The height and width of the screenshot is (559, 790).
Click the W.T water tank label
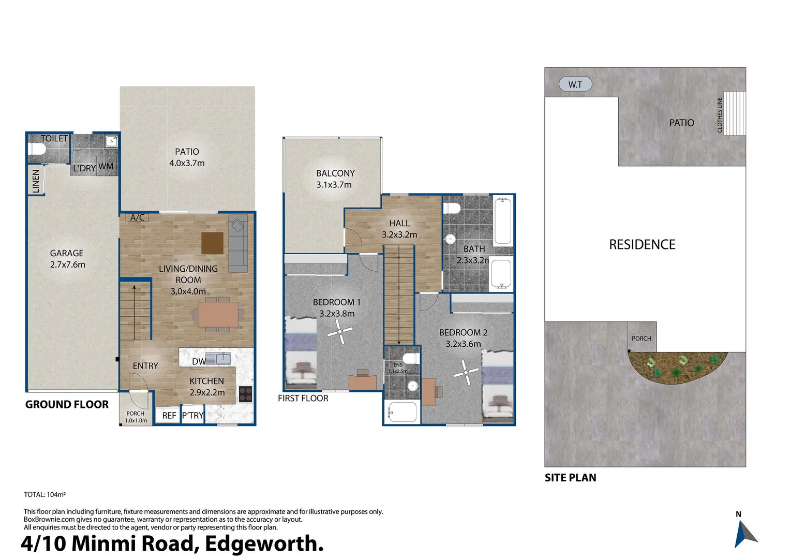575,84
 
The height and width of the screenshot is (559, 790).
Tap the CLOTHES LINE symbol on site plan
734,113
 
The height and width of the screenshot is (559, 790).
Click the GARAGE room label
67,253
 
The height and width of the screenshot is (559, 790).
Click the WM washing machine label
106,166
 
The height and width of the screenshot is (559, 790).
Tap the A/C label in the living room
137,217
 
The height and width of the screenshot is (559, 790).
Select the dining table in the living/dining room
218,314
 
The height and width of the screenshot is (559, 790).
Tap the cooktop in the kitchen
245,394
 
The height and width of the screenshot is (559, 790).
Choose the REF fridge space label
169,415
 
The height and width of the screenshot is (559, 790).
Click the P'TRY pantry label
193,415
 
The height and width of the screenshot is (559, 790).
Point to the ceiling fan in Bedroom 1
340,331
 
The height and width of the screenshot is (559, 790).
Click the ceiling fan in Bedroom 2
466,373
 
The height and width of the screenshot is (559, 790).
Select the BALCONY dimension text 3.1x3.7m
334,185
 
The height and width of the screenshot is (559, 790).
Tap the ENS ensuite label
397,365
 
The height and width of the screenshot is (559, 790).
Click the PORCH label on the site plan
641,339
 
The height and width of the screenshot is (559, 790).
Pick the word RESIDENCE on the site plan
642,244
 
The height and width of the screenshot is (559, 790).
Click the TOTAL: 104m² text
44,494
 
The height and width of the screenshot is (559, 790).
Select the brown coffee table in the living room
212,243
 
